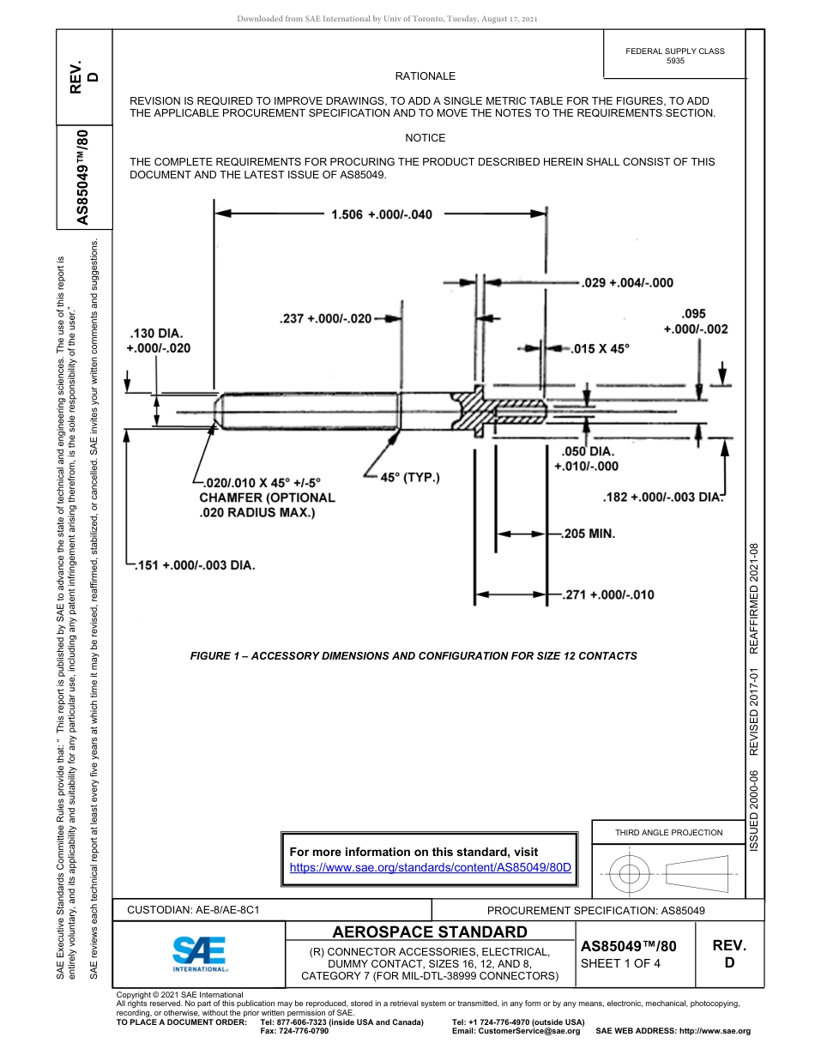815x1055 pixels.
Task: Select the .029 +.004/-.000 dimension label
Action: click(x=627, y=282)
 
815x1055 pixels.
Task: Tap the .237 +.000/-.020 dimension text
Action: click(x=325, y=319)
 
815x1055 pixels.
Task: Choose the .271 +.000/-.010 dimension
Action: click(x=607, y=594)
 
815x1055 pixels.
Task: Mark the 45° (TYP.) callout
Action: click(x=409, y=477)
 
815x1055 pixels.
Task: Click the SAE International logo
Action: click(x=200, y=952)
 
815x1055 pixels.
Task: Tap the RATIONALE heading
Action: click(x=425, y=76)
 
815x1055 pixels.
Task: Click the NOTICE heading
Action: click(x=425, y=137)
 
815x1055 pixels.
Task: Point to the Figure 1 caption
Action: click(x=413, y=656)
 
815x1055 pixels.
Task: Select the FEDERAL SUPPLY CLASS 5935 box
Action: click(x=675, y=56)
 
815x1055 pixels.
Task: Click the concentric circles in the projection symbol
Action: click(x=630, y=875)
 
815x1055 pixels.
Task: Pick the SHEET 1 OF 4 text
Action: click(x=621, y=963)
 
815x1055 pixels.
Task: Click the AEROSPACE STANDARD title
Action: click(x=430, y=932)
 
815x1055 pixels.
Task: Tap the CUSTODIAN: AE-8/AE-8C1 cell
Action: click(x=193, y=909)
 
